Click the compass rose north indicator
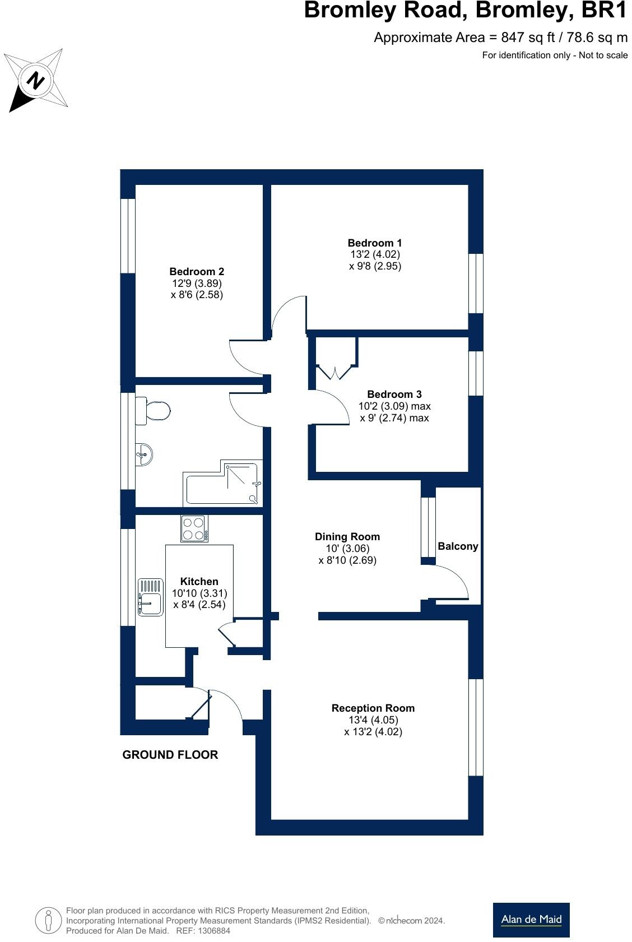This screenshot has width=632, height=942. [x=36, y=80]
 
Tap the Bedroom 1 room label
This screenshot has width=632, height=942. [x=374, y=243]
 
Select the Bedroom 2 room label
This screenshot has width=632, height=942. [x=197, y=271]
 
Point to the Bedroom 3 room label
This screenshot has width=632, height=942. [x=394, y=394]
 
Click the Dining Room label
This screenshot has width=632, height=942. [x=347, y=536]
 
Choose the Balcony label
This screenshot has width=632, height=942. [x=458, y=546]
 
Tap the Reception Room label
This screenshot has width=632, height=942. [x=373, y=708]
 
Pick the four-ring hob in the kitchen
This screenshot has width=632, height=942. [x=194, y=528]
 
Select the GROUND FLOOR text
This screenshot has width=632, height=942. [x=170, y=755]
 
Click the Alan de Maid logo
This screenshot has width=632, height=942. [x=531, y=920]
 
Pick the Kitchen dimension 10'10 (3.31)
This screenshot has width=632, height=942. [x=199, y=593]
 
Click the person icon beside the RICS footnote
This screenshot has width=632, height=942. [x=48, y=920]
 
